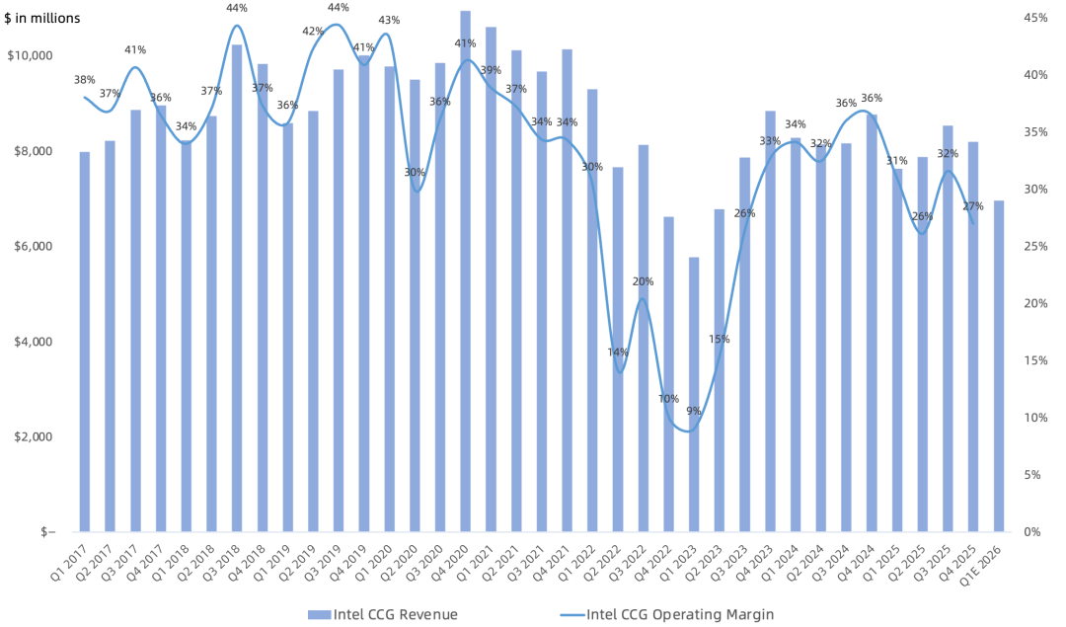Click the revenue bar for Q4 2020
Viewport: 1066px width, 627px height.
pyautogui.click(x=465, y=271)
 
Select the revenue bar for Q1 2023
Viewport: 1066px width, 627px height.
pyautogui.click(x=694, y=394)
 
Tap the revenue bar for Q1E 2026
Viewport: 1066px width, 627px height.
pyautogui.click(x=999, y=366)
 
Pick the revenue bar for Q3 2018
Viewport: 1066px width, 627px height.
pyautogui.click(x=237, y=288)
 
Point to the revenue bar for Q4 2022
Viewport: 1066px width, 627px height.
pyautogui.click(x=668, y=374)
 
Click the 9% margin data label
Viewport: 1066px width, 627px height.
pyautogui.click(x=694, y=411)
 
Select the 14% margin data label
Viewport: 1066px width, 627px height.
pyautogui.click(x=618, y=353)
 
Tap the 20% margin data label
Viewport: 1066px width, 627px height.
pyautogui.click(x=643, y=281)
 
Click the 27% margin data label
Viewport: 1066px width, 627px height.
pyautogui.click(x=973, y=206)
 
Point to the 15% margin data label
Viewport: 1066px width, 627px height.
pyautogui.click(x=719, y=339)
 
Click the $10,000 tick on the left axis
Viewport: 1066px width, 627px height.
pyautogui.click(x=30, y=55)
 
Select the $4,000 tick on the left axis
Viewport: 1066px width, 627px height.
pyautogui.click(x=34, y=342)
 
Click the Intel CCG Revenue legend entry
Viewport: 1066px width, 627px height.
pyautogui.click(x=383, y=615)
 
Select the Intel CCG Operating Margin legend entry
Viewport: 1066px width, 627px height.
pyautogui.click(x=667, y=615)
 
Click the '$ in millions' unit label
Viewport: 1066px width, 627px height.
pyautogui.click(x=42, y=19)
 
